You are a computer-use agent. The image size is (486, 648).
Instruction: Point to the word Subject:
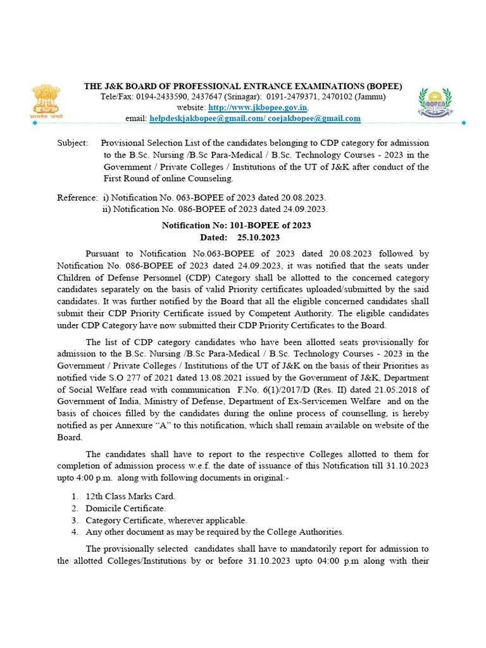click(x=72, y=144)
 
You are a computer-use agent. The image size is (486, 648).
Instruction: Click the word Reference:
click(x=77, y=198)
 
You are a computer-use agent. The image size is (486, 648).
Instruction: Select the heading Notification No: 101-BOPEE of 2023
click(x=236, y=225)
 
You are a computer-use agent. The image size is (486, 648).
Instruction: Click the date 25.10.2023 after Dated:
click(x=258, y=237)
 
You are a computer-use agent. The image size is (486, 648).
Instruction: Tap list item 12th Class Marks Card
click(x=130, y=495)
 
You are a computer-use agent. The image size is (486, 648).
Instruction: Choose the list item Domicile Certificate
click(x=125, y=508)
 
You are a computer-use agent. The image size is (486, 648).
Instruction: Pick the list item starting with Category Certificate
click(x=166, y=520)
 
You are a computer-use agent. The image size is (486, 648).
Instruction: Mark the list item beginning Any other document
click(x=215, y=532)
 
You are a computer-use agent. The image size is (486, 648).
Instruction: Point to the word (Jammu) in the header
click(x=370, y=97)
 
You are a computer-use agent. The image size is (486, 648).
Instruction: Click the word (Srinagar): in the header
click(x=240, y=97)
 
